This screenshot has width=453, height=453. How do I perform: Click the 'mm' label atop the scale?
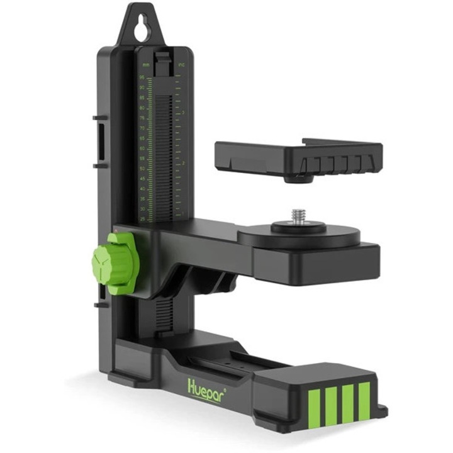pos(145,65)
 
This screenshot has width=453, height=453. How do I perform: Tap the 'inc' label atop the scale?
pos(181,64)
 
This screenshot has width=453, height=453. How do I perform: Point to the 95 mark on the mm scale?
pos(142,78)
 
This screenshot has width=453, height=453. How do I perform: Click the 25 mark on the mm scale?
pos(142,218)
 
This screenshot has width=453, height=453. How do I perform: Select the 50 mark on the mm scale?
pos(142,169)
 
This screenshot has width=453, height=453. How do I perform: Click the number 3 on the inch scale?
pos(183,113)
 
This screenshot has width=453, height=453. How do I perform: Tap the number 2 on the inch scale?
pos(183,163)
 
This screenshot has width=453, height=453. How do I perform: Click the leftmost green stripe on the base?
pos(312,405)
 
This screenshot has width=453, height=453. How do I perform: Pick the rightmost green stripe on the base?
pos(364,400)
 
